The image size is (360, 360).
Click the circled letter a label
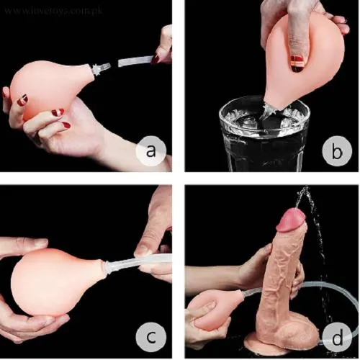(150, 152)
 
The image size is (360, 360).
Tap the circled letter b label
(333, 152)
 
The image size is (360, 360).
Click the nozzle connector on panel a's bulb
(98, 69)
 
